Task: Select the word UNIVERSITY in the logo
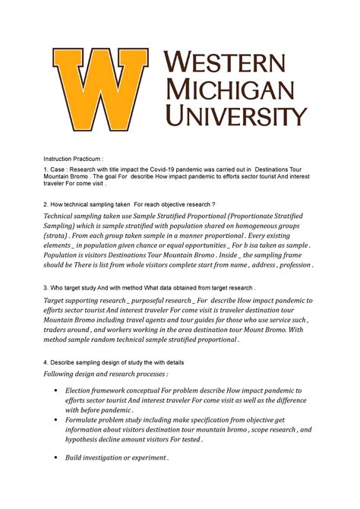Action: (236, 117)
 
